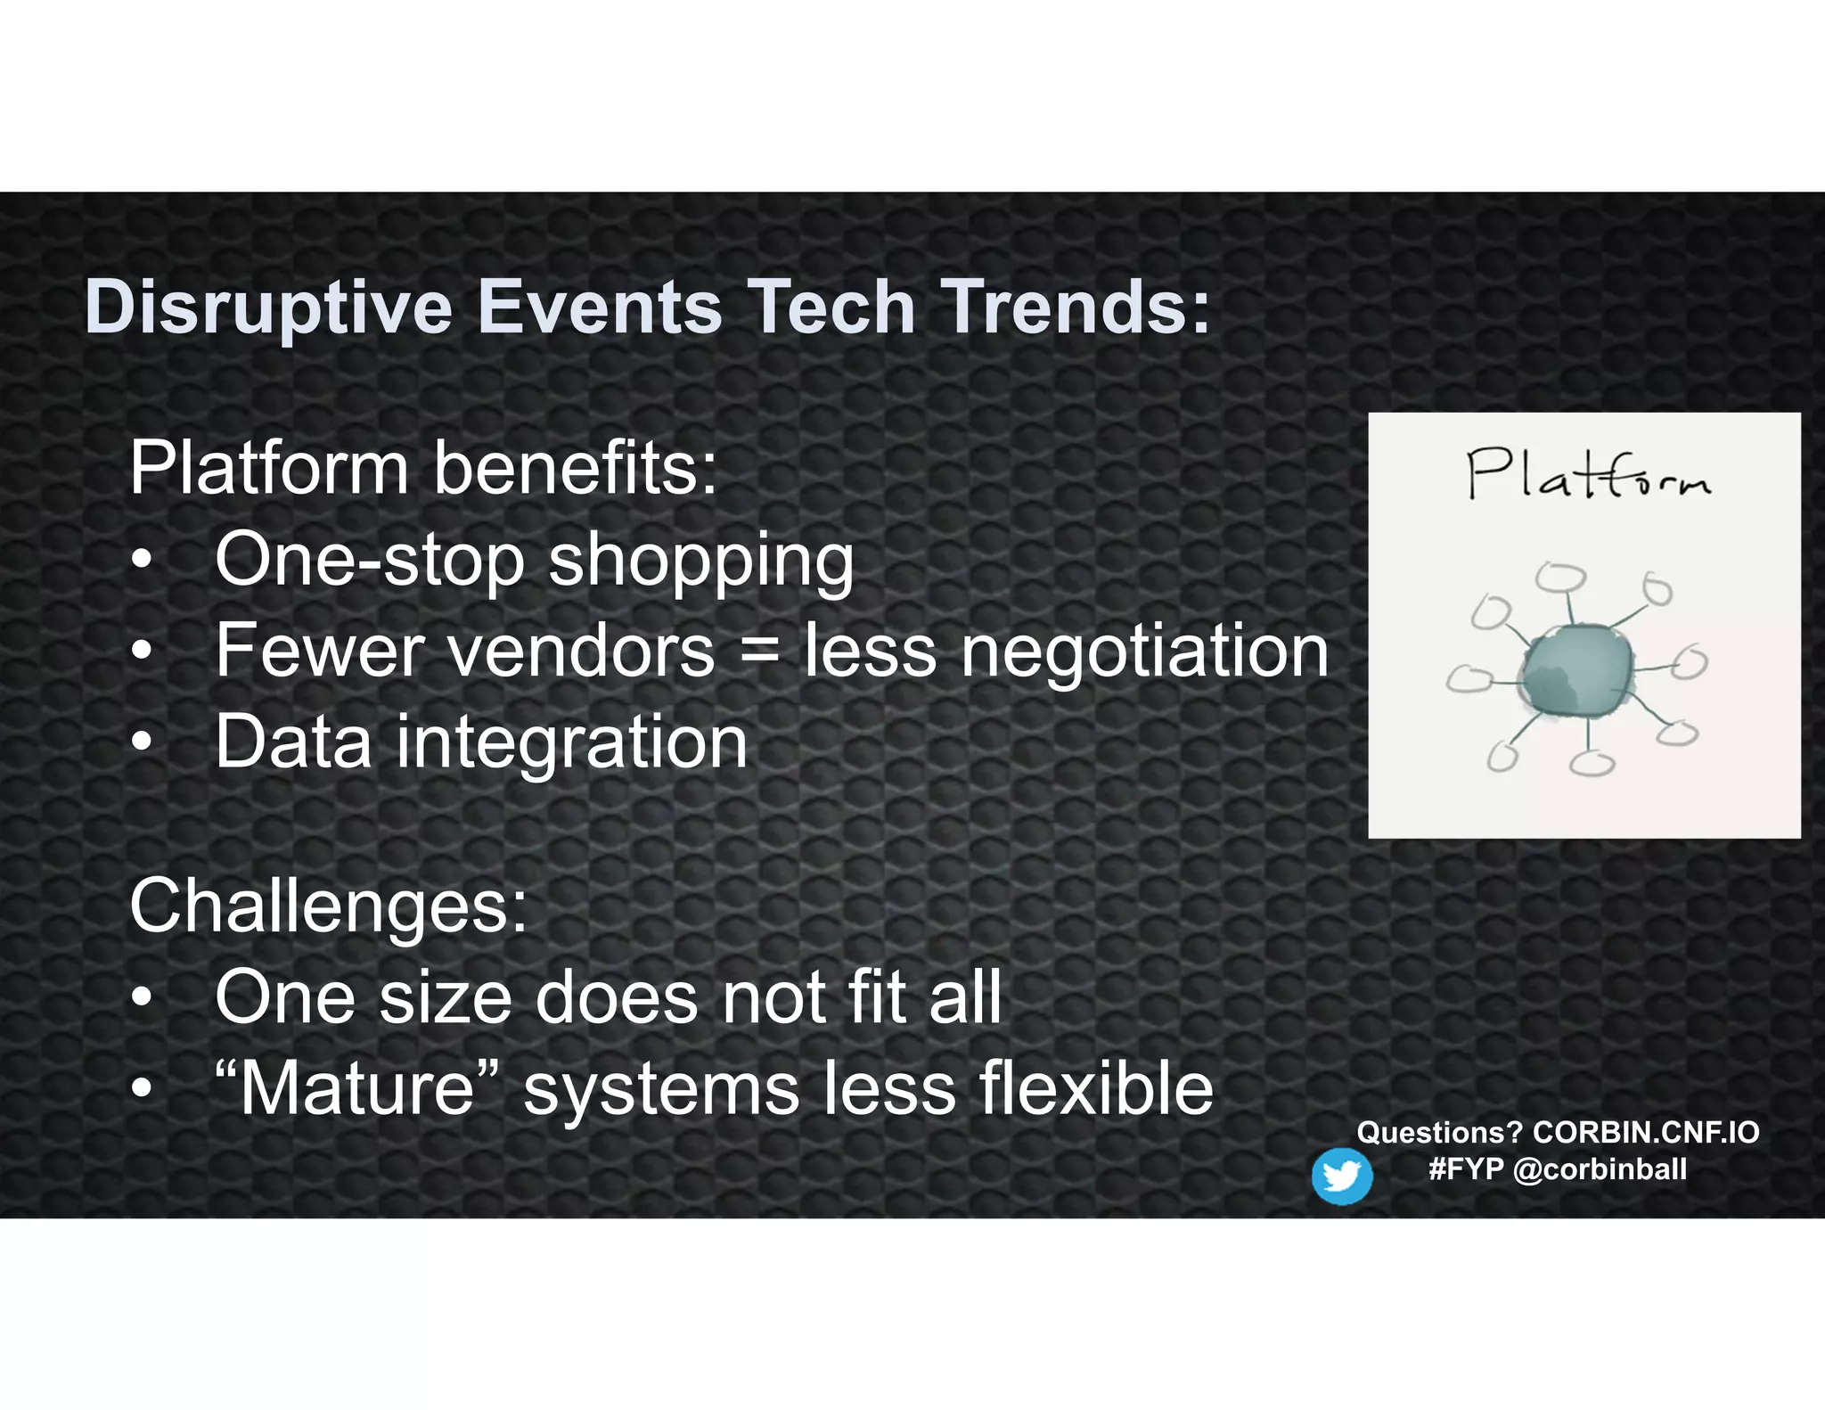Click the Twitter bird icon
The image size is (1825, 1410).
(1341, 1176)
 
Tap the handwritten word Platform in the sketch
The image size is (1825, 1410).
(1588, 475)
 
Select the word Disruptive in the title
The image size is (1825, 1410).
(268, 307)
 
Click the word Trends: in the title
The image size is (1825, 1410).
(1076, 307)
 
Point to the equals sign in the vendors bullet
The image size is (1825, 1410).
(759, 652)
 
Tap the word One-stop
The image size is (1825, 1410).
(370, 561)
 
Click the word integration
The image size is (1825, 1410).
(571, 742)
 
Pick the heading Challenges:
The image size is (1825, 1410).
(329, 906)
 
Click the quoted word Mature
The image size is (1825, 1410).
(357, 1088)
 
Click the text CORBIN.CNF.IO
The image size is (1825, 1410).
(1645, 1133)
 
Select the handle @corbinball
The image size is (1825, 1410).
(1600, 1169)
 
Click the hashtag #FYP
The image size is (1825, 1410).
(1466, 1169)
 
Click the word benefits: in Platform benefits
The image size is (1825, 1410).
(575, 469)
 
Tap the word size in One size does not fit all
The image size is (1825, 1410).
(446, 997)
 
